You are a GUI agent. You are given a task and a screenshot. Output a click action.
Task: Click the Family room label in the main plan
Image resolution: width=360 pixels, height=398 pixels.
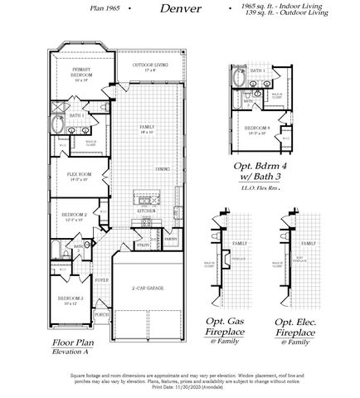click(147, 128)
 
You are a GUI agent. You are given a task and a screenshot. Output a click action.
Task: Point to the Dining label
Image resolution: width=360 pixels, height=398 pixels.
click(163, 168)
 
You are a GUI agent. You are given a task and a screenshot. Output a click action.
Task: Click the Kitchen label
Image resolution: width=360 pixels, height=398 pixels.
click(146, 211)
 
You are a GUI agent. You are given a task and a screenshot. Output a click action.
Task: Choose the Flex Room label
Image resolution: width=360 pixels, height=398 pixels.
click(79, 175)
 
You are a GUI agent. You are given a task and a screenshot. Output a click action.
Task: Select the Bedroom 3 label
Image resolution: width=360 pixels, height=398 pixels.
click(69, 298)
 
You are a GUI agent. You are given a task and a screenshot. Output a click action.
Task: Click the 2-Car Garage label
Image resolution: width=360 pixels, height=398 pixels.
click(148, 287)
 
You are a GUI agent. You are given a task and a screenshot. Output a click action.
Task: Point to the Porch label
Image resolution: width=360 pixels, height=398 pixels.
click(102, 314)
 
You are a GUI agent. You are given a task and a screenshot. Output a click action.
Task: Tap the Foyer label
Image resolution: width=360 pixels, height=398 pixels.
click(102, 280)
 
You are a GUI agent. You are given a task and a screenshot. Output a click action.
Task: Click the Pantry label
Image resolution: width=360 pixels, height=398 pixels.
click(170, 238)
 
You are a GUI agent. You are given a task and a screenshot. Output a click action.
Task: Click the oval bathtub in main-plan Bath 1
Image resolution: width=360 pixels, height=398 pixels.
click(58, 127)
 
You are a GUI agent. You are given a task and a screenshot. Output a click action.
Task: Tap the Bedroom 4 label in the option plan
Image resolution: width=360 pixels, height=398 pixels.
click(258, 129)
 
